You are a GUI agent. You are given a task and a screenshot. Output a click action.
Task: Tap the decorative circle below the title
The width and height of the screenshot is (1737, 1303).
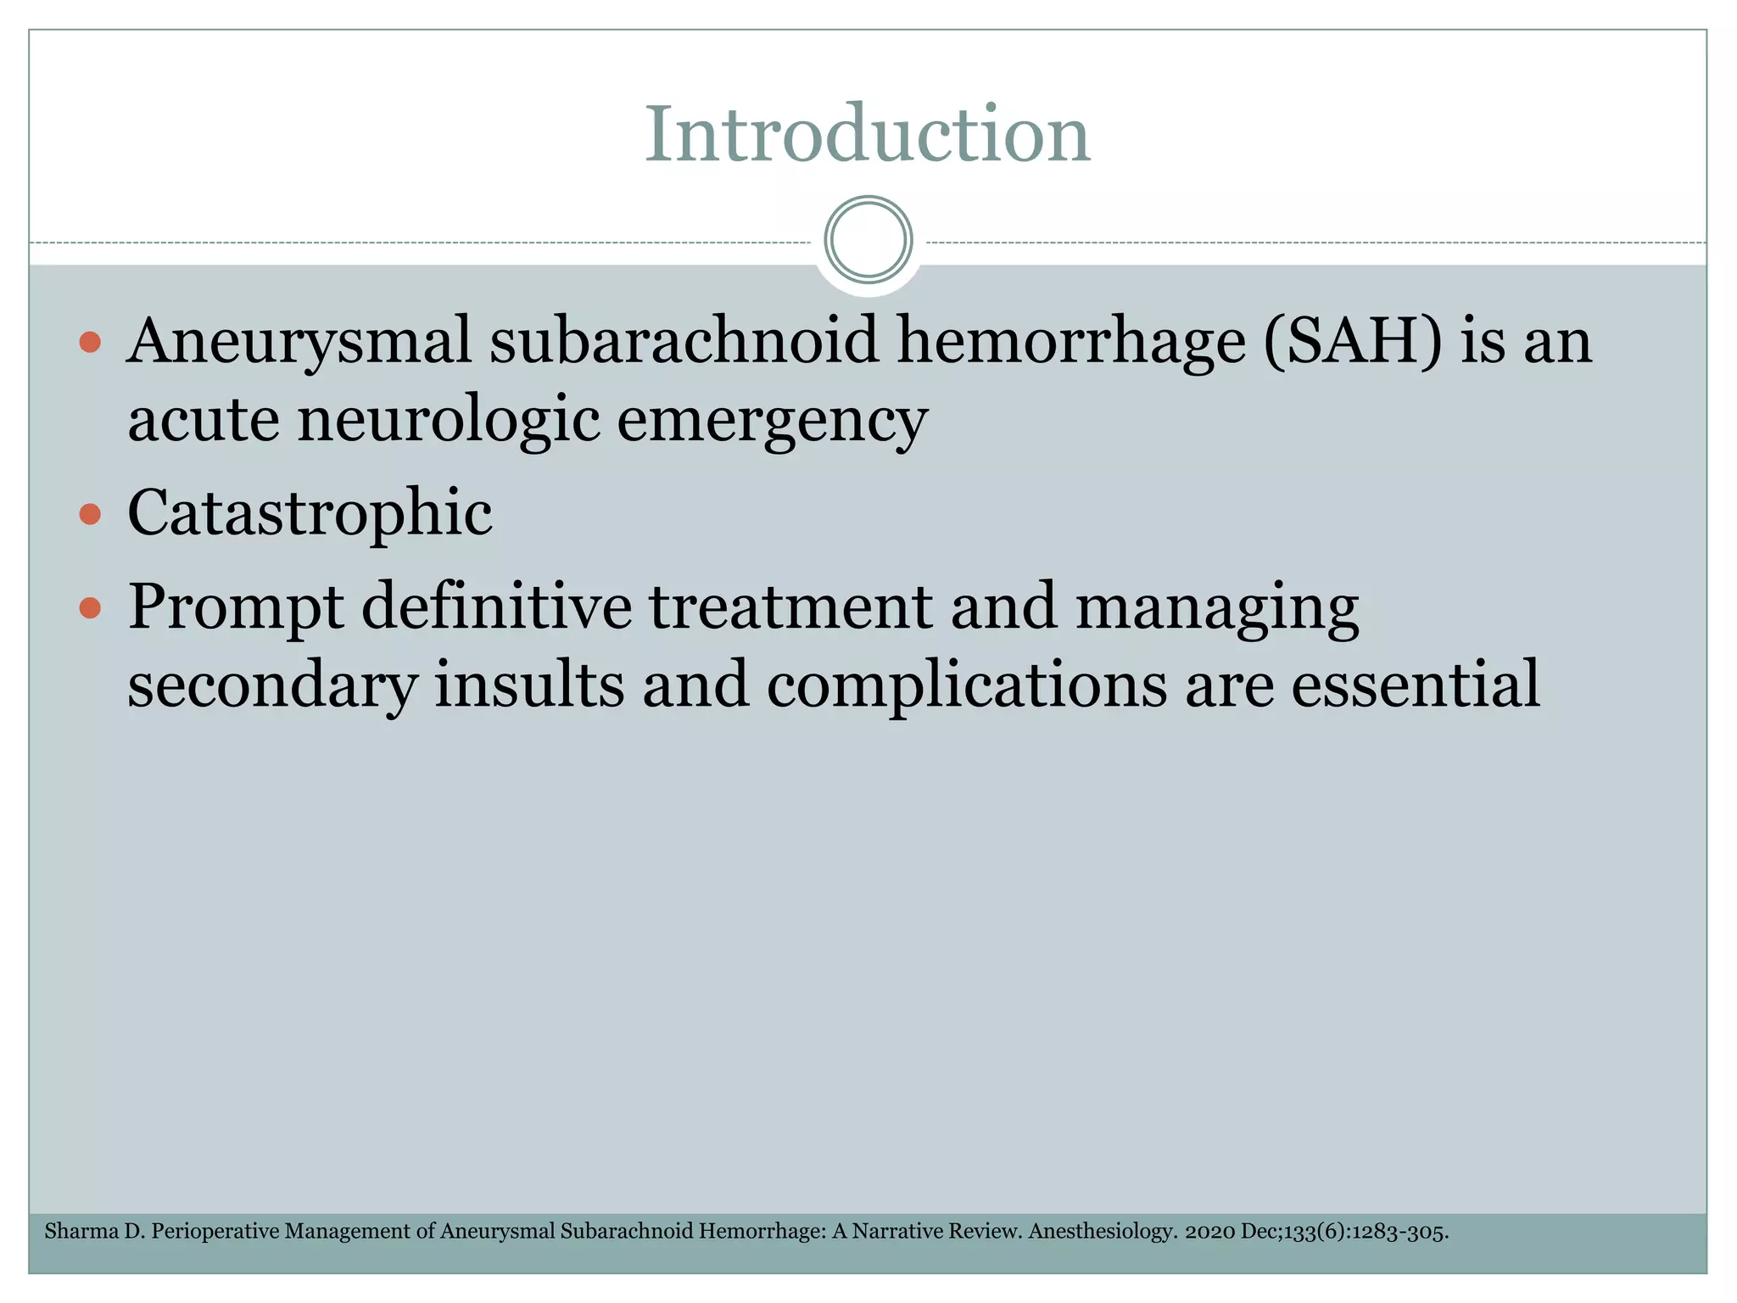[x=868, y=240]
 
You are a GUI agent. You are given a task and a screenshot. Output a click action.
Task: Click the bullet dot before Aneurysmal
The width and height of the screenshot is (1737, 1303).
[x=90, y=343]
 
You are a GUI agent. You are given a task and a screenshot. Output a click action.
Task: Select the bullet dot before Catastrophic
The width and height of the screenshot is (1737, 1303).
[x=90, y=514]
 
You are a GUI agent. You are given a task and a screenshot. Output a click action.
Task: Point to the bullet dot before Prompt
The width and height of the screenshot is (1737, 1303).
[x=90, y=607]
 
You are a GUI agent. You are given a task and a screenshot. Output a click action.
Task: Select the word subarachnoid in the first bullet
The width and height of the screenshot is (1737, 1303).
[x=684, y=341]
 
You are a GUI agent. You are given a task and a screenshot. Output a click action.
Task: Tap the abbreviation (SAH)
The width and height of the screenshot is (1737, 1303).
[x=1352, y=341]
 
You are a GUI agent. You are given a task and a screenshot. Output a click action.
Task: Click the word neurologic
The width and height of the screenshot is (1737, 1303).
[x=449, y=419]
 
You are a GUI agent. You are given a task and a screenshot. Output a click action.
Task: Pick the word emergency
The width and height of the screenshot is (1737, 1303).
[x=772, y=421]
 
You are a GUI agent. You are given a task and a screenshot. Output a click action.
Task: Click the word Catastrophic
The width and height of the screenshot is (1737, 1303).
[x=310, y=513]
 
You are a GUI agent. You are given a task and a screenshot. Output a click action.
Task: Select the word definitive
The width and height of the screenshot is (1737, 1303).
[x=497, y=607]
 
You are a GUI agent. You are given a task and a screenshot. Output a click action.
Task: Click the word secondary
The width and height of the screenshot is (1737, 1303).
[x=272, y=685]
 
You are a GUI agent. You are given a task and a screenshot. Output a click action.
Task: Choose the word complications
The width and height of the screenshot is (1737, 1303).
[x=967, y=685]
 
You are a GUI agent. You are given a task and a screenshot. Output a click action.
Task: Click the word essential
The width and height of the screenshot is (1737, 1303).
[x=1415, y=684]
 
